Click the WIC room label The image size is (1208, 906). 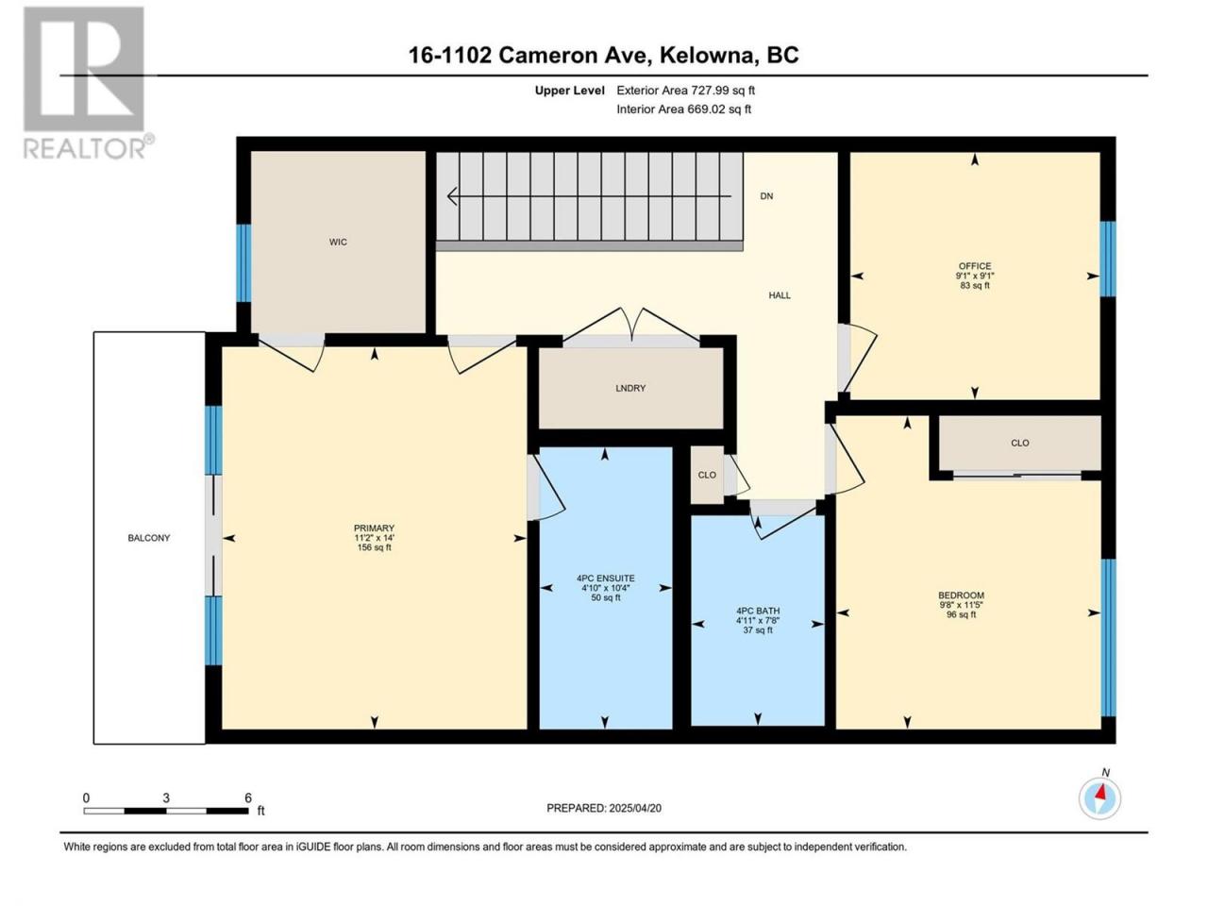click(x=338, y=242)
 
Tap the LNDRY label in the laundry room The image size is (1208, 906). click(x=630, y=389)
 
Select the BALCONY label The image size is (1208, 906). click(x=148, y=538)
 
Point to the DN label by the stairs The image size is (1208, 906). click(x=766, y=196)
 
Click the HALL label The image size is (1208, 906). click(x=780, y=295)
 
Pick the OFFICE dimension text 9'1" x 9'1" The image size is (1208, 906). click(x=975, y=277)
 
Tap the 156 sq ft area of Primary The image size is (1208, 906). click(x=375, y=548)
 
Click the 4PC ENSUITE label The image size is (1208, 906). click(x=605, y=579)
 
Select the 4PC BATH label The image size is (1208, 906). click(x=758, y=611)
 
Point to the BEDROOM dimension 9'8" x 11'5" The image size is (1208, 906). click(x=961, y=605)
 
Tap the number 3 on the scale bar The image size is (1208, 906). click(x=166, y=798)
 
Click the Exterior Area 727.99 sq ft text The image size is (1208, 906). click(x=686, y=91)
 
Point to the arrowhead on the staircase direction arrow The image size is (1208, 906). click(x=452, y=196)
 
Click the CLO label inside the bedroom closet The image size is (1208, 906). click(x=1020, y=443)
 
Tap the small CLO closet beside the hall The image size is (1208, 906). click(x=707, y=475)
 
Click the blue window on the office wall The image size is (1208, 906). click(x=1107, y=259)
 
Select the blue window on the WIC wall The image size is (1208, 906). click(x=243, y=263)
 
